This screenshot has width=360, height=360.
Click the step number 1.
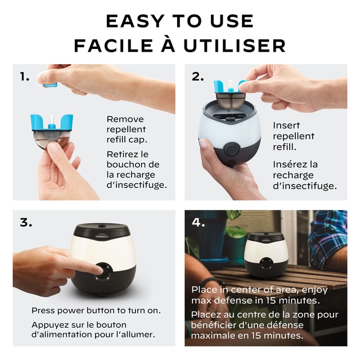coord(25,76)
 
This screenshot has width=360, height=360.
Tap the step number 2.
coord(197,76)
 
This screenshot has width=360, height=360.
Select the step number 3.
coord(26,222)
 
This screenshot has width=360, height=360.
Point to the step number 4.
coord(198,222)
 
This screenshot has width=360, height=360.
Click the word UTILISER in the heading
coord(235,46)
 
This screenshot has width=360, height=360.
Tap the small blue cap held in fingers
coord(49,85)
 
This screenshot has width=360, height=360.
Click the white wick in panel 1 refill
coord(52,120)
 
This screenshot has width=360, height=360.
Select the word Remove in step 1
coord(125,119)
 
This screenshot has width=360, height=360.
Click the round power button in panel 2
coord(231,148)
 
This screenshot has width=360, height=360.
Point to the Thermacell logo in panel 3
coord(102,236)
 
